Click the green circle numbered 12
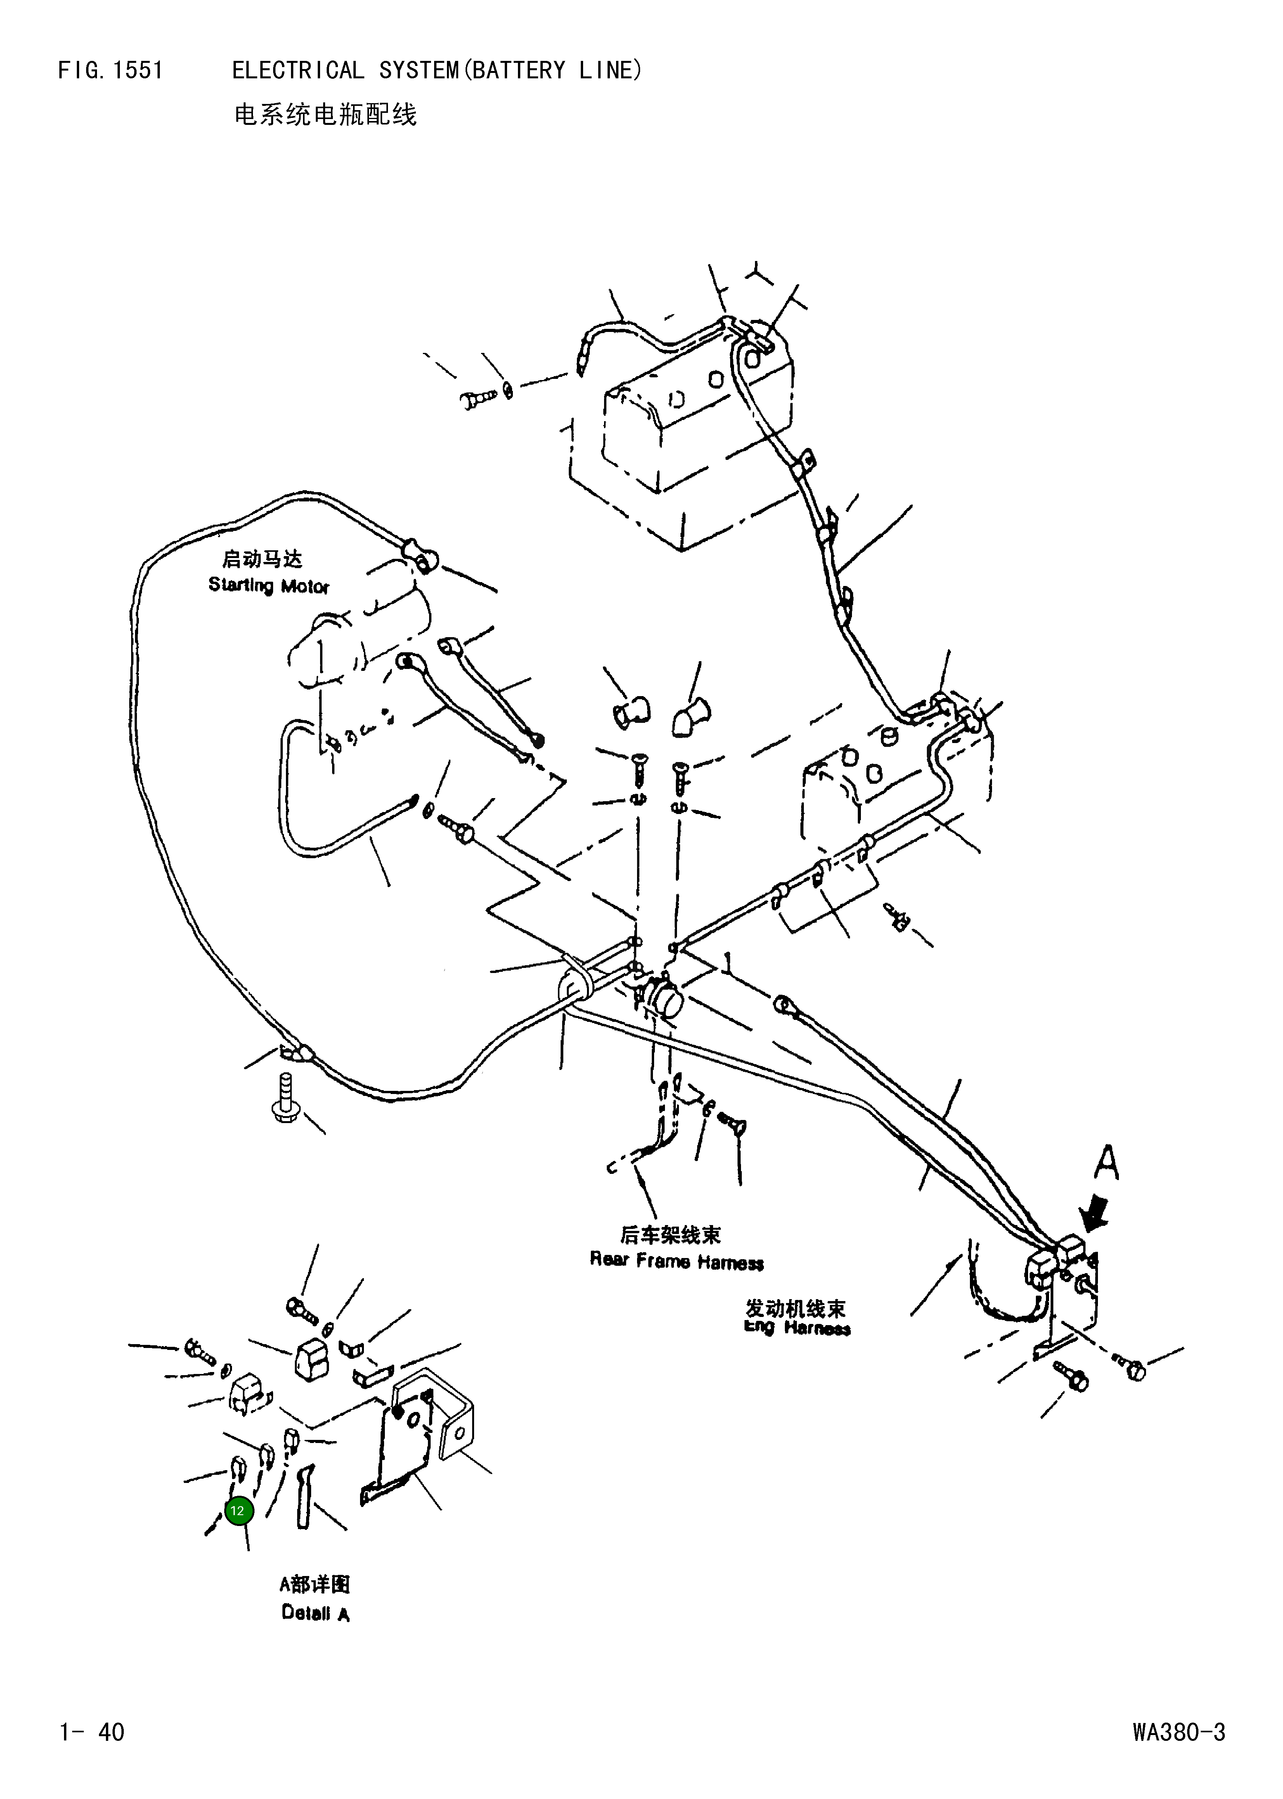point(239,1511)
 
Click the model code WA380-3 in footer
point(1179,1732)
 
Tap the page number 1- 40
point(92,1732)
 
